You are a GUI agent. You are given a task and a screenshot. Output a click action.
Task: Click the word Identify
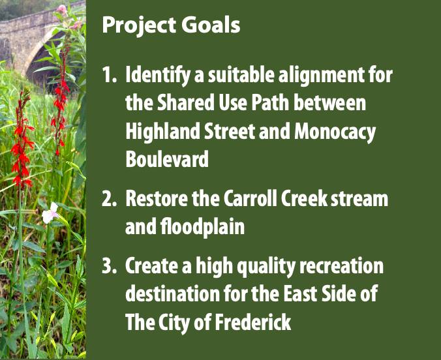point(157,76)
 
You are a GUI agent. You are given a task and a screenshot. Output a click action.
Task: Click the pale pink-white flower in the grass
point(50,213)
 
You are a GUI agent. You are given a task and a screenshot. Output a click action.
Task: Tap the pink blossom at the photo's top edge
point(61,8)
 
